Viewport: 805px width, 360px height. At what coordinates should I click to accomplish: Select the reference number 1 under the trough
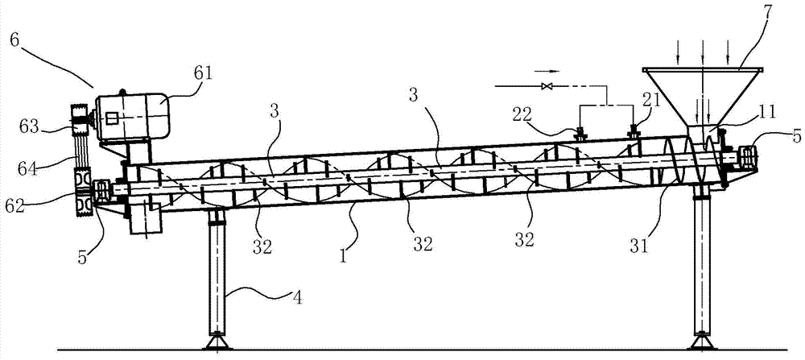click(x=343, y=254)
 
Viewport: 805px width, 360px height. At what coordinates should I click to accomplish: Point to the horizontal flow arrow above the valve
click(x=547, y=72)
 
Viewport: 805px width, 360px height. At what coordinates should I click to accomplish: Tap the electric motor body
click(x=133, y=117)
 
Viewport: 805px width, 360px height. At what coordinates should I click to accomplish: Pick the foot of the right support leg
click(x=702, y=342)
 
